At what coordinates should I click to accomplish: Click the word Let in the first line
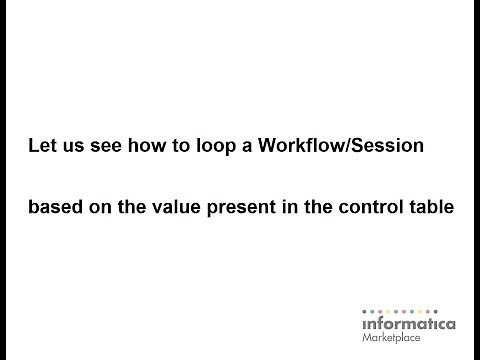pos(42,147)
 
